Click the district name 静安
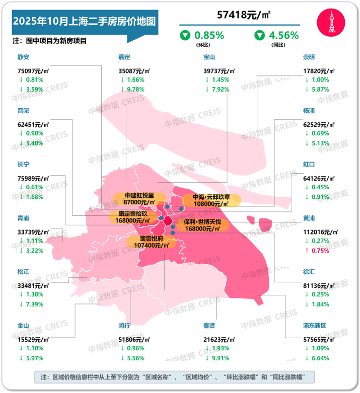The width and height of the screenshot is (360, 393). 24,57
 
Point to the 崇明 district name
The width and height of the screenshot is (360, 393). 309,57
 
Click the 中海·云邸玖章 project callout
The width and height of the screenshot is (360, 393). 211,200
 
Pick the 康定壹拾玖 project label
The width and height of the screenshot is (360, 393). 129,217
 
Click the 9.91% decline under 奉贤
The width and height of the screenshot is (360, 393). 218,358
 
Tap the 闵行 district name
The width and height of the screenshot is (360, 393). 125,326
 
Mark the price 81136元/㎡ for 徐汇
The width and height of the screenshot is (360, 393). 321,283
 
